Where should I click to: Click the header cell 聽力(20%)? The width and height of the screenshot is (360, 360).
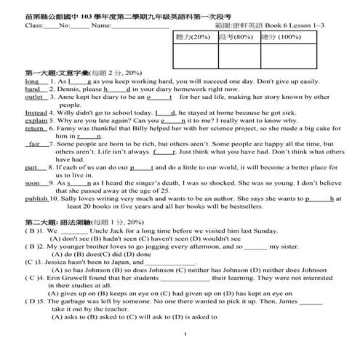(191, 36)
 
